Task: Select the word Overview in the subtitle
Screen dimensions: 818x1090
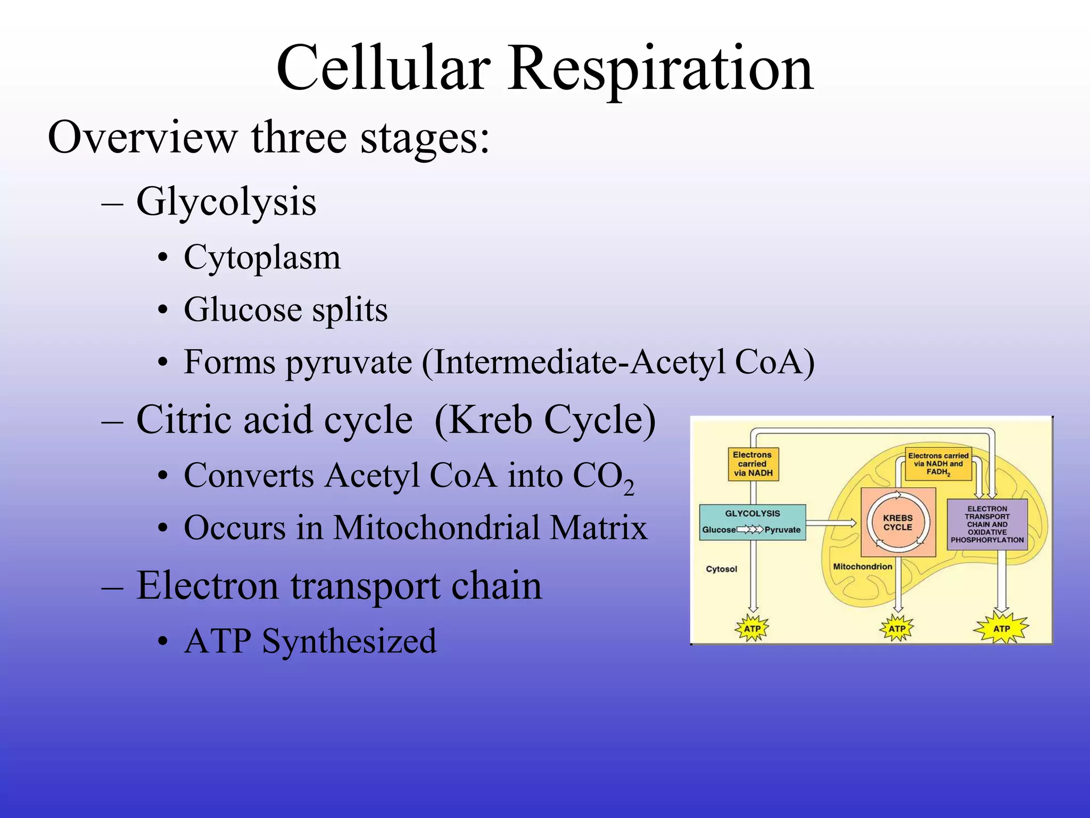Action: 142,137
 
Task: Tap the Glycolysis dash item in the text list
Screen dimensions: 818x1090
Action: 226,202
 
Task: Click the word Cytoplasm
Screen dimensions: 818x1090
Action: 262,258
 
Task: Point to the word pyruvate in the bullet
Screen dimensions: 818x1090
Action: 349,363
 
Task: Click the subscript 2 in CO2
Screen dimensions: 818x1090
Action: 629,487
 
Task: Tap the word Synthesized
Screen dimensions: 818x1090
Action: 349,641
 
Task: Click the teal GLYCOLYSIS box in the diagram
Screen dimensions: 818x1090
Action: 752,522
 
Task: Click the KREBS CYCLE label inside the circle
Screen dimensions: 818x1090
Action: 898,522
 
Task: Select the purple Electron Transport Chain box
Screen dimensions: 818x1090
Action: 987,524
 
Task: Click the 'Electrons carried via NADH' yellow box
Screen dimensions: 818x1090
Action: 753,464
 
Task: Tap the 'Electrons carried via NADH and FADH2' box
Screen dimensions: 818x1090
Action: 938,464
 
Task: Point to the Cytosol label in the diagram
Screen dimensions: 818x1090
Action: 721,569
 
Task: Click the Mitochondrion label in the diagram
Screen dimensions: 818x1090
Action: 862,567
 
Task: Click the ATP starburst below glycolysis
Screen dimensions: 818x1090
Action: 752,628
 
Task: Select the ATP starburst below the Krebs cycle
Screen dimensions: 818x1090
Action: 897,628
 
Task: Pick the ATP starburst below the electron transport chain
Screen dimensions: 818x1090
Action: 1001,628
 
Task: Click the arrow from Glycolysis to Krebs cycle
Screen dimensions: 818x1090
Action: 831,523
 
